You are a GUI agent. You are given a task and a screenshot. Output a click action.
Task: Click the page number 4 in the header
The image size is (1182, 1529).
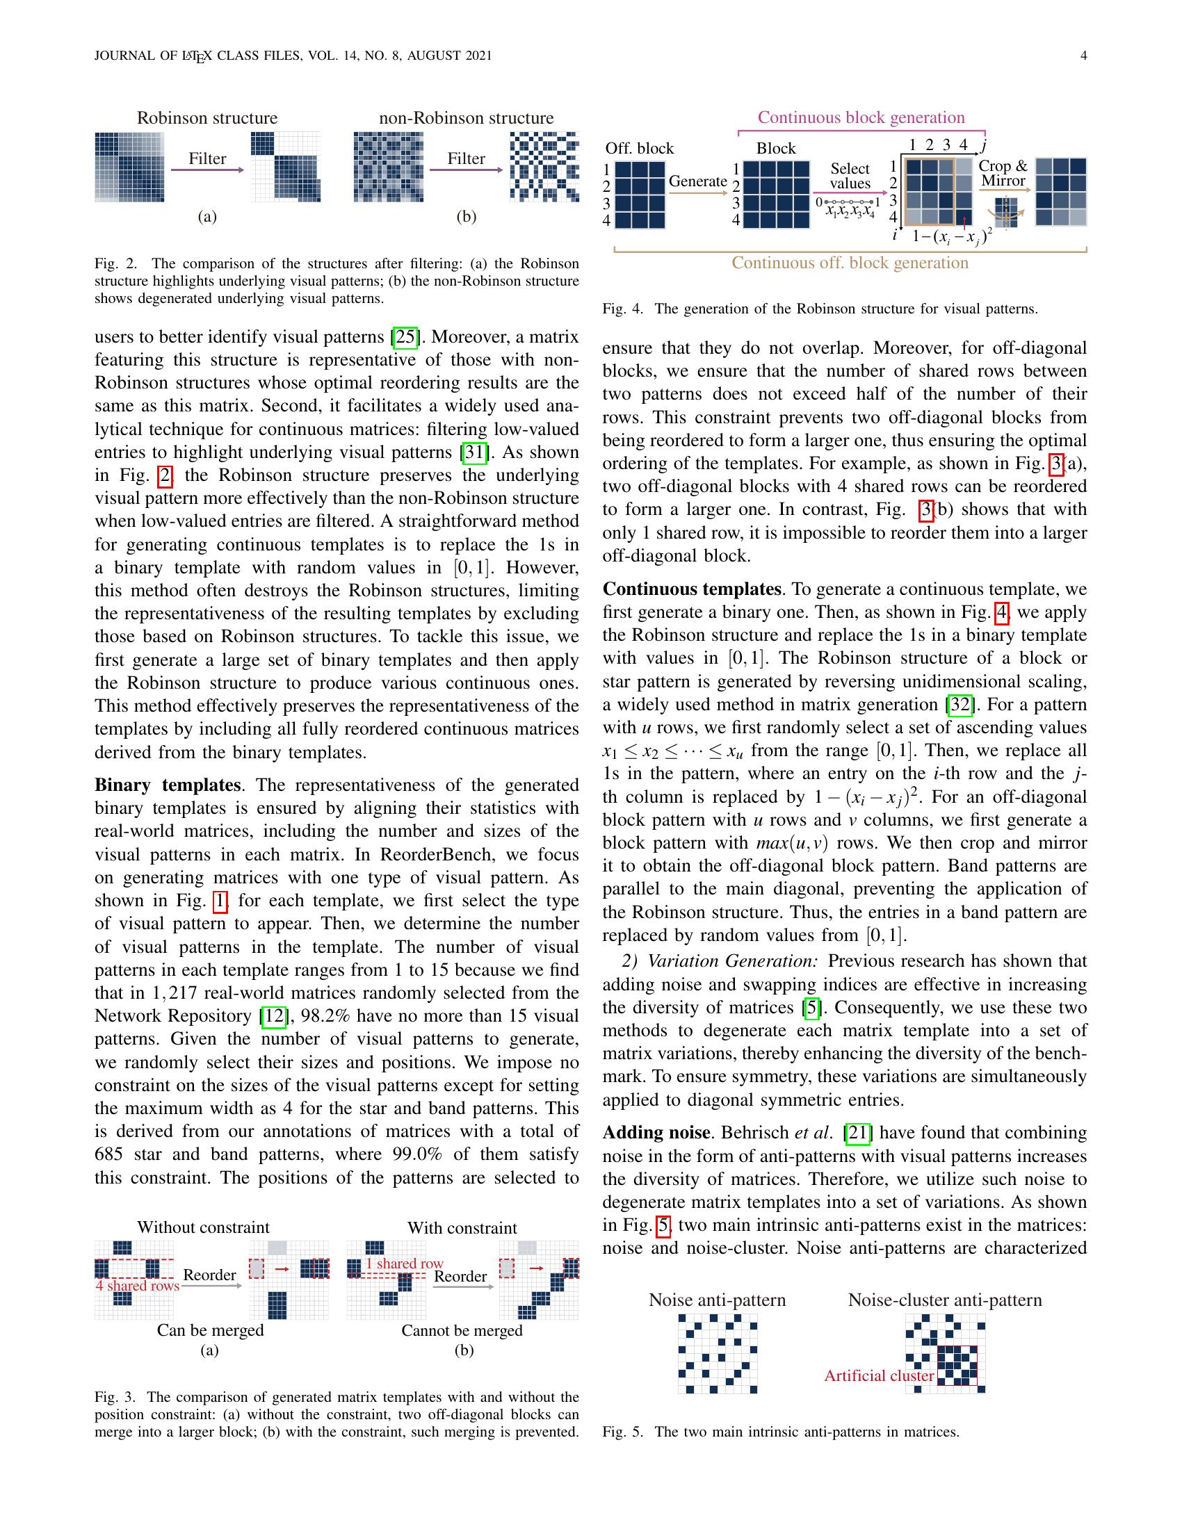coord(1083,56)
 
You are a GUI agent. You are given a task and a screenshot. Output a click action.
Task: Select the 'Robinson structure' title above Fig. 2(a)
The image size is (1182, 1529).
coord(207,117)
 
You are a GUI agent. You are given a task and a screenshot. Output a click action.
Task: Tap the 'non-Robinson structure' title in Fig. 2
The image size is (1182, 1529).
coord(466,117)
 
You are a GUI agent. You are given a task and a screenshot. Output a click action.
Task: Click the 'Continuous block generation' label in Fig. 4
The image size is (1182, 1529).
coord(861,117)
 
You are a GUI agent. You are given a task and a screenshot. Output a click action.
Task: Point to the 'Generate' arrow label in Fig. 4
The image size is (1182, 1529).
coord(697,181)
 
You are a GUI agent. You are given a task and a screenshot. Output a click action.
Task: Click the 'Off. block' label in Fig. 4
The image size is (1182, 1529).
coord(638,149)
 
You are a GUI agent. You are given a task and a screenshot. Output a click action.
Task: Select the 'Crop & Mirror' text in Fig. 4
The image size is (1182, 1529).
coord(1003,173)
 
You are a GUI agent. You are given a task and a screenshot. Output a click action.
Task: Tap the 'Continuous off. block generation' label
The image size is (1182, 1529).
coord(850,263)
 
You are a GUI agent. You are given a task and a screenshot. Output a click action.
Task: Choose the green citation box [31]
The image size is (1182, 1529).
coord(475,452)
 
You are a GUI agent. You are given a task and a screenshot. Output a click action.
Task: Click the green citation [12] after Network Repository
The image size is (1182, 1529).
coord(273,1016)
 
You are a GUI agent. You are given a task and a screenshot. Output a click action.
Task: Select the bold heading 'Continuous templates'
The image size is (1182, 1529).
coord(691,589)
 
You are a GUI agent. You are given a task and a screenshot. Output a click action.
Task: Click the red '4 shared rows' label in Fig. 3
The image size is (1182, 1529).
coord(137,1285)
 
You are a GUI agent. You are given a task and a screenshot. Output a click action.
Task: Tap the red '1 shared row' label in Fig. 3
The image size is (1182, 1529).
coord(405,1264)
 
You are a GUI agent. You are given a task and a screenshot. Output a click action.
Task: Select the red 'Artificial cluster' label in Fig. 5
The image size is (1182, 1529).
coord(879,1375)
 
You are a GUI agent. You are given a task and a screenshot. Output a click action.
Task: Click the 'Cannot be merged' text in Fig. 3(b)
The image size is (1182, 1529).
coord(462,1330)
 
